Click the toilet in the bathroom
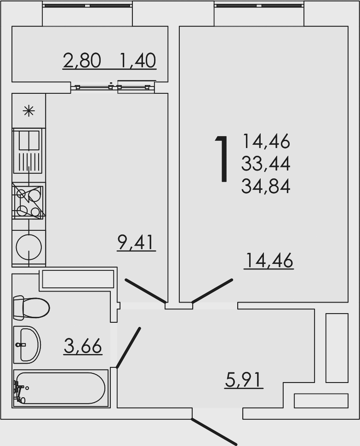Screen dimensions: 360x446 coord(31,307)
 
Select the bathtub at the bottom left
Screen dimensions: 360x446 coord(61,388)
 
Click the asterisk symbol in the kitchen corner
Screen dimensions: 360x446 coord(29,111)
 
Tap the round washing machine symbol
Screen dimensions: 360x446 coord(29,247)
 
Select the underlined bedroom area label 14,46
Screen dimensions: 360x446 coord(269,260)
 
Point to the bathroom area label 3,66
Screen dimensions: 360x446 coord(83,346)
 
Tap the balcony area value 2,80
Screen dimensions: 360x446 coord(82,60)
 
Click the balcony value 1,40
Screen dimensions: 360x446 coord(138,60)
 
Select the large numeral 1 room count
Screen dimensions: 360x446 coord(223,158)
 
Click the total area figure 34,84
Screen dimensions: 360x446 coord(266,187)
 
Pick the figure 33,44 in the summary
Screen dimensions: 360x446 coord(266,164)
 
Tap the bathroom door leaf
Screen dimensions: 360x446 coord(128,348)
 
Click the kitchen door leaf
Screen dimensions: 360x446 coord(146,291)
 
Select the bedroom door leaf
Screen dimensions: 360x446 coord(212,291)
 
